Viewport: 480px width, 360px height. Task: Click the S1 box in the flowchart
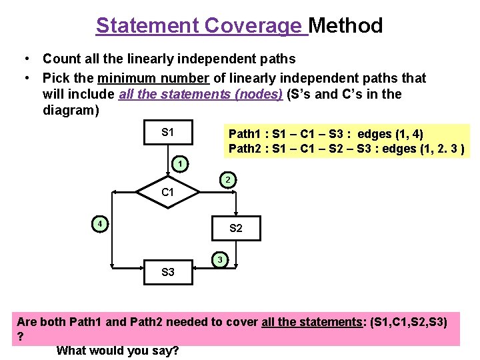(168, 132)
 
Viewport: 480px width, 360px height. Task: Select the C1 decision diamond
(168, 193)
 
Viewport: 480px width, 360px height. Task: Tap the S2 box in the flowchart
(236, 228)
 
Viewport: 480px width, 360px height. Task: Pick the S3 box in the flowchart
(168, 272)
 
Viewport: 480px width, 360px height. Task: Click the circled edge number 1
(179, 164)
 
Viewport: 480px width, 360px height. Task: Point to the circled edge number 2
(227, 180)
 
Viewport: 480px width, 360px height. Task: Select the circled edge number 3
(220, 259)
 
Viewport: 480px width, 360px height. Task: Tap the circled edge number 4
(99, 224)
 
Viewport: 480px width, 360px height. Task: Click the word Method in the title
(346, 26)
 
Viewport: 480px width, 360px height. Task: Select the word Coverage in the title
(253, 26)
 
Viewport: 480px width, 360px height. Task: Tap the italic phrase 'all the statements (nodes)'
(200, 94)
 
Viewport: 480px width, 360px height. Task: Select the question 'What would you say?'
(118, 350)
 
